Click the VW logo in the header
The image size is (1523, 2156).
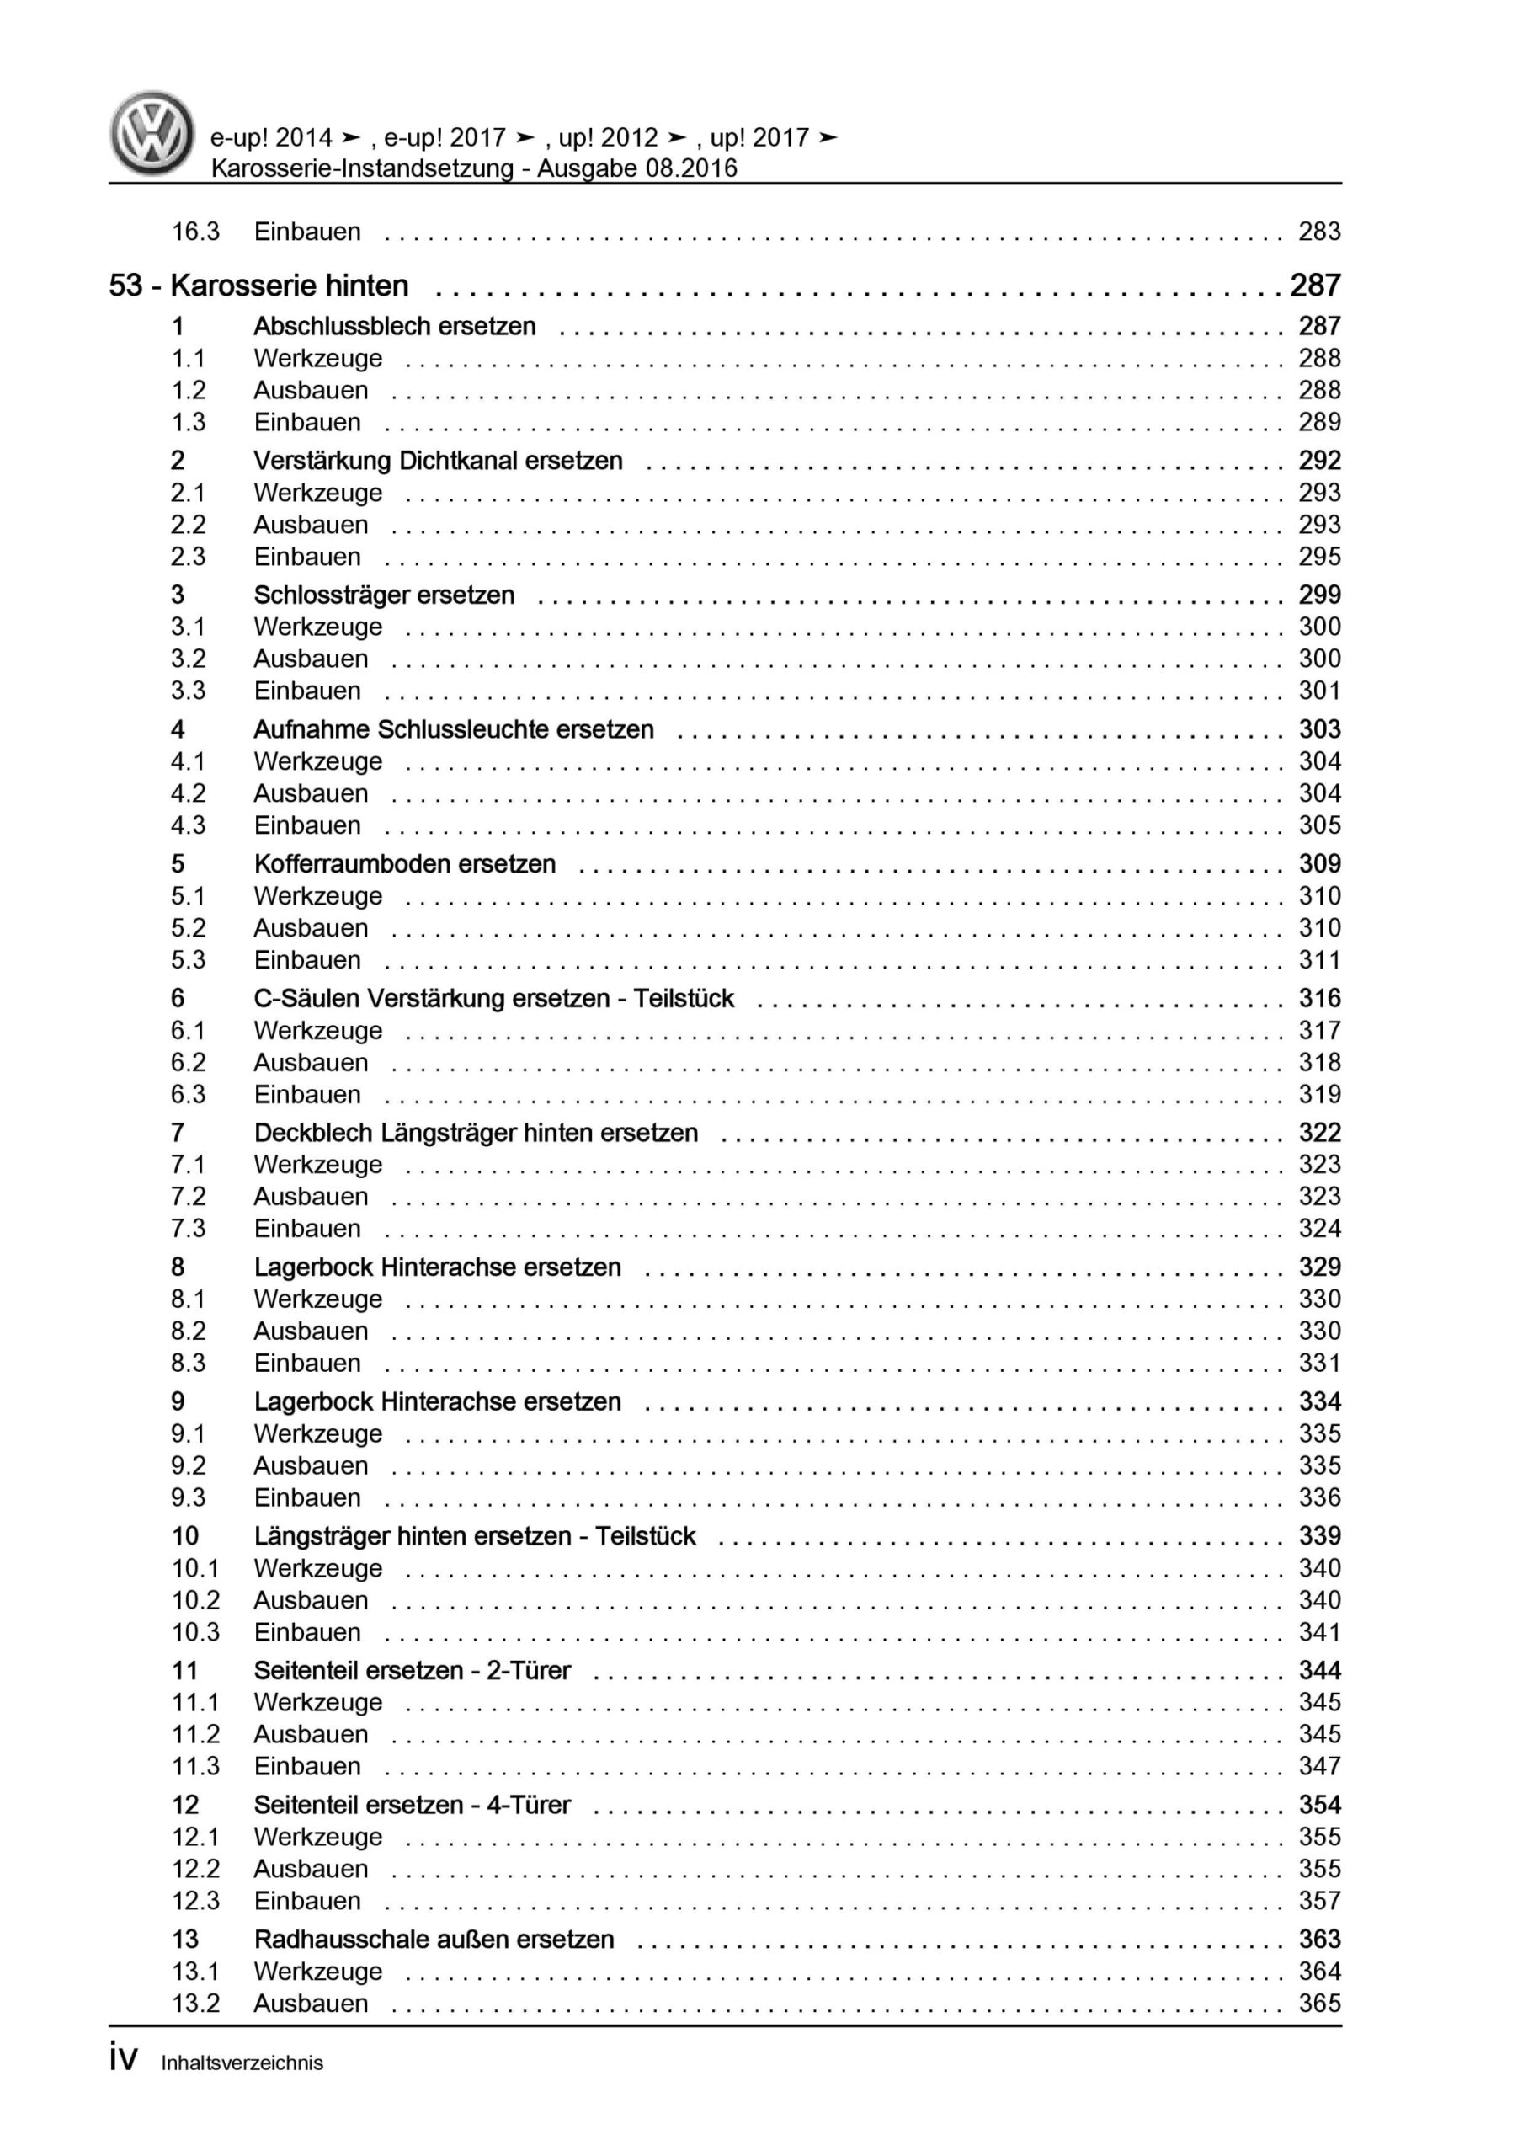152,133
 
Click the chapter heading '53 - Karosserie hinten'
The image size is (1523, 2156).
259,286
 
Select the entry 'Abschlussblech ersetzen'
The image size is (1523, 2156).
394,327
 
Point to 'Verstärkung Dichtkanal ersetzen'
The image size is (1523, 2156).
438,461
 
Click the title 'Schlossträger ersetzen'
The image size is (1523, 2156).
384,595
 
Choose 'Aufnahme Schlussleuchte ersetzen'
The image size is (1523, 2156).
454,729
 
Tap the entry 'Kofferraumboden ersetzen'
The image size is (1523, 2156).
405,864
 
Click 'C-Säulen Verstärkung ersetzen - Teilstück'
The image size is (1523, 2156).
494,998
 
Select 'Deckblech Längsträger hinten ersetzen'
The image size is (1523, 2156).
476,1133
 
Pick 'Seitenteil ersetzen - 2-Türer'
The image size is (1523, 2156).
413,1671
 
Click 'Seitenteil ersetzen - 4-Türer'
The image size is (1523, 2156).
413,1805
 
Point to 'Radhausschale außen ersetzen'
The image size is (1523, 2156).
434,1939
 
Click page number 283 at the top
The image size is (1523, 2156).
1319,232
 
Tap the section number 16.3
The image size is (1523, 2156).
195,232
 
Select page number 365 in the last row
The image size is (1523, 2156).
1319,2003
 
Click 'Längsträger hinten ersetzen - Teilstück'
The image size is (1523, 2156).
474,1536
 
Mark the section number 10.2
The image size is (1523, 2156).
195,1600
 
